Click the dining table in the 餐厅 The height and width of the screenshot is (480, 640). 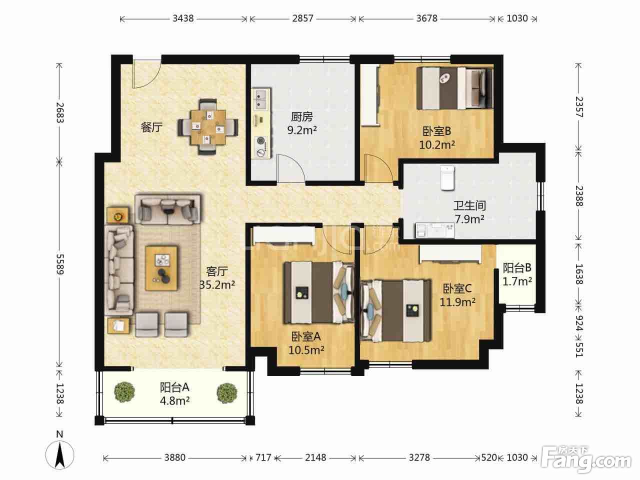click(208, 127)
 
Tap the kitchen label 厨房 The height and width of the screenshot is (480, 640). click(302, 117)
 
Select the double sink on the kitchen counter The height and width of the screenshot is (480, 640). click(261, 99)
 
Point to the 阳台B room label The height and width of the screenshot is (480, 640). click(517, 267)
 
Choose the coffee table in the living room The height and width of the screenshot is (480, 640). click(162, 268)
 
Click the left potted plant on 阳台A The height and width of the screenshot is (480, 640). click(124, 392)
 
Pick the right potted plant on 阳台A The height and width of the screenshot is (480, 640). click(227, 392)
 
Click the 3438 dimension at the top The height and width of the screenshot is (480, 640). click(183, 18)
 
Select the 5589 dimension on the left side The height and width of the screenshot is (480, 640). click(60, 264)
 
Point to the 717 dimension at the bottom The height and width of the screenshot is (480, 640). click(263, 457)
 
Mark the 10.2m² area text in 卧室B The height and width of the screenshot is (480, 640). click(437, 144)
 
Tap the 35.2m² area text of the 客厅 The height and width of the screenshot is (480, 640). click(217, 284)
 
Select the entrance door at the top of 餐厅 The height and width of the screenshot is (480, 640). click(146, 73)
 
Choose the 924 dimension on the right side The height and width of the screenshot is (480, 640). click(579, 323)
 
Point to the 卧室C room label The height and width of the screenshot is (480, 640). click(457, 288)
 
